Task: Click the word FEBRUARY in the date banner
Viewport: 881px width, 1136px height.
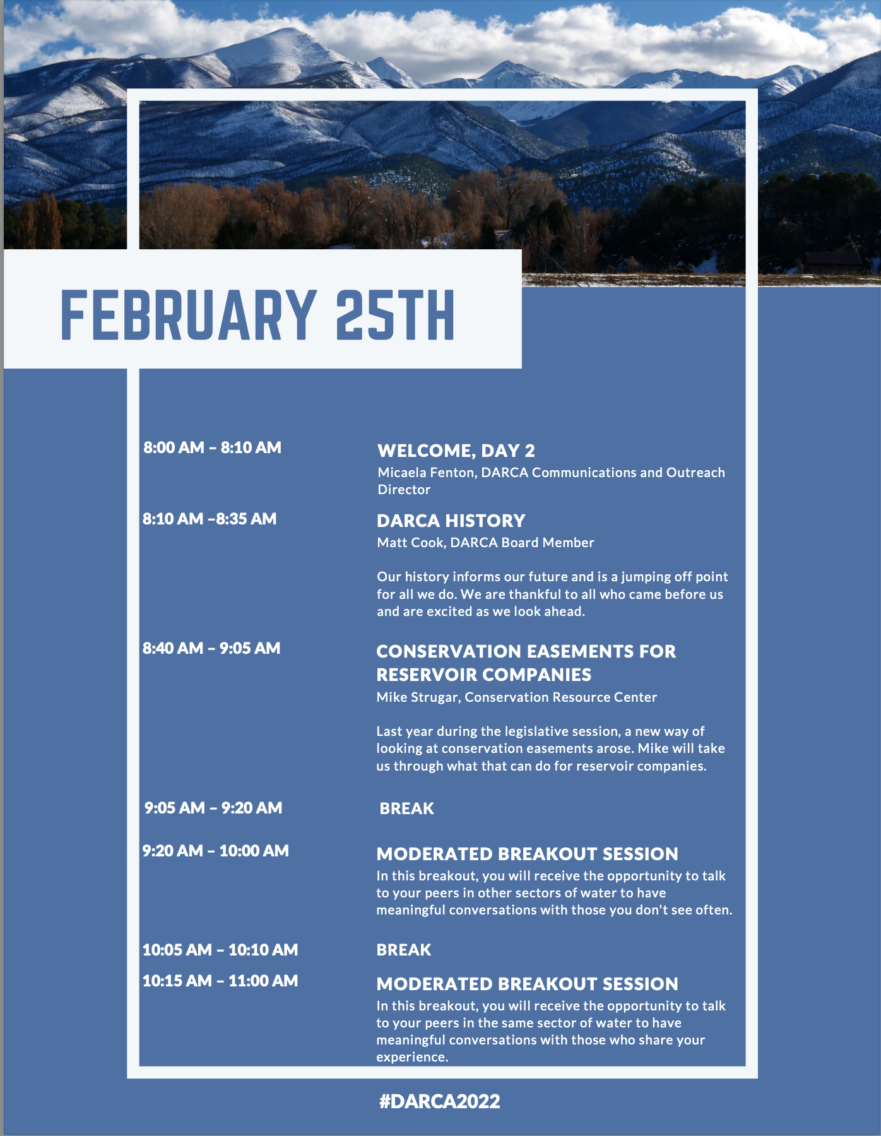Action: [x=188, y=315]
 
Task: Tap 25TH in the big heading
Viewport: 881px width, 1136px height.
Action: [x=394, y=315]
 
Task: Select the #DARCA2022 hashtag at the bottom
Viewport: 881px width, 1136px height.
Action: [x=439, y=1101]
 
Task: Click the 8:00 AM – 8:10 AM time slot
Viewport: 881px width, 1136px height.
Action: [x=212, y=447]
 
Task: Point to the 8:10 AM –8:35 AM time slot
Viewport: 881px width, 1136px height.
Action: [x=210, y=519]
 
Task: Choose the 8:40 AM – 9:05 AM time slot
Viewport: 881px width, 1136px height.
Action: [x=211, y=648]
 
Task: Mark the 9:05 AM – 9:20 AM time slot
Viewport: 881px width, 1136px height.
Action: [x=213, y=808]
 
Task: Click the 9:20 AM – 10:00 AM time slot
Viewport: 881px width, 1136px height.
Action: [x=215, y=851]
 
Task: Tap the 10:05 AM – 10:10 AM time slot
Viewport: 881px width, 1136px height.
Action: [x=220, y=950]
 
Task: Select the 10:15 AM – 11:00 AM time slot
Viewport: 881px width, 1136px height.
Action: [x=220, y=981]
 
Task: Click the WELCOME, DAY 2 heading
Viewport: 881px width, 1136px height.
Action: [x=456, y=451]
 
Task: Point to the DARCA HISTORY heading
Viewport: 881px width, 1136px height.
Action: [x=451, y=521]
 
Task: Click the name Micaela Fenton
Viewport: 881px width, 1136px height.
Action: [x=426, y=472]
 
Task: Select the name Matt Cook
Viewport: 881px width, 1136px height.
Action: [x=410, y=542]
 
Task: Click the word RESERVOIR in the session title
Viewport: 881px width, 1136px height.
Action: [x=431, y=675]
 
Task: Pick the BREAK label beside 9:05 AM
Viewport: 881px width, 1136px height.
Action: [x=406, y=808]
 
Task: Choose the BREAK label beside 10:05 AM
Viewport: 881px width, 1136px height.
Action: [x=404, y=950]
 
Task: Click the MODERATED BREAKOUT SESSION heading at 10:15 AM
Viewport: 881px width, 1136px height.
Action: [x=527, y=984]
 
